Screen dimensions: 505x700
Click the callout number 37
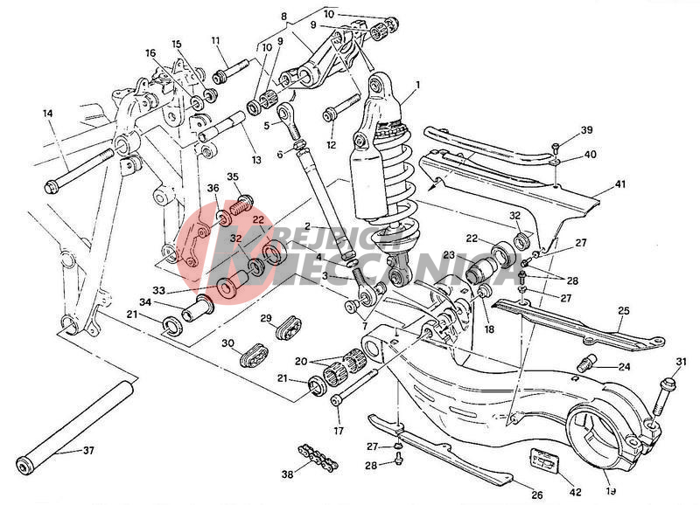click(x=87, y=451)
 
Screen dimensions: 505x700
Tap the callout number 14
click(x=47, y=114)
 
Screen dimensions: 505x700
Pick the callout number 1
click(x=418, y=86)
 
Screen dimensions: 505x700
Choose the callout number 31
click(x=682, y=362)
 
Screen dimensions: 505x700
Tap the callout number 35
click(x=233, y=176)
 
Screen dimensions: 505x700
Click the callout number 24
click(x=624, y=367)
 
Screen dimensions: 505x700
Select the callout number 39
click(x=586, y=130)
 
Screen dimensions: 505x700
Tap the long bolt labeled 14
click(x=83, y=169)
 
